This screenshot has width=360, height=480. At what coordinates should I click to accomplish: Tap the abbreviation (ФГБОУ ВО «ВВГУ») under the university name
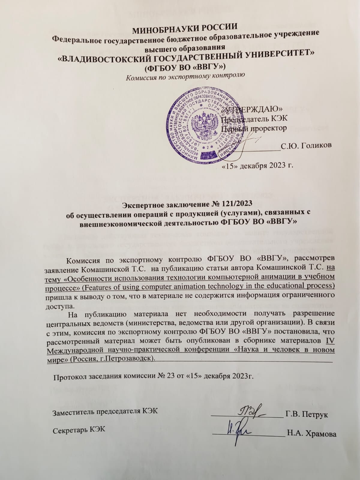185,66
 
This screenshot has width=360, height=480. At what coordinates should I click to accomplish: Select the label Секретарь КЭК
79,429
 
